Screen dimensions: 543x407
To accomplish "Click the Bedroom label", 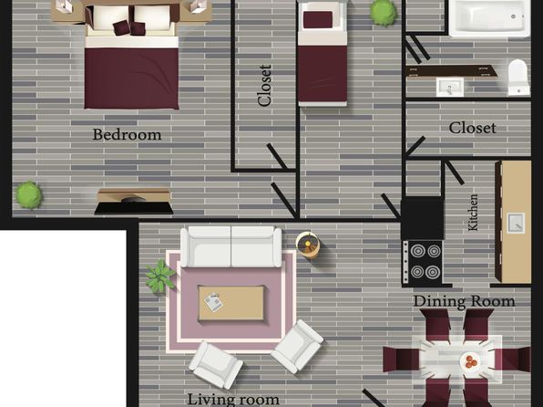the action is tap(127, 135).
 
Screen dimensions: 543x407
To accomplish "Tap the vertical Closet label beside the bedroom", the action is tap(264, 86).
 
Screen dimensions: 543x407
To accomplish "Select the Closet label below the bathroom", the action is tap(472, 128).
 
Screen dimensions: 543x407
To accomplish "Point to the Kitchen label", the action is tap(473, 213).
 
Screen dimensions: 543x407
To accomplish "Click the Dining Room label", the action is tap(464, 301).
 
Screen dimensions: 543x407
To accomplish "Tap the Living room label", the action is tap(233, 399).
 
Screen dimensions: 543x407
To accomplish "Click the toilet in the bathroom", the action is tap(518, 78).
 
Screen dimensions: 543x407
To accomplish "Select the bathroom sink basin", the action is tap(449, 87).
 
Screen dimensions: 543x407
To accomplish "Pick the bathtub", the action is tap(489, 18).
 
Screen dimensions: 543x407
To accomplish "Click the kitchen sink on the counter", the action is tap(516, 223).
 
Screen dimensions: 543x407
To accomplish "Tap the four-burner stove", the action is tap(423, 263).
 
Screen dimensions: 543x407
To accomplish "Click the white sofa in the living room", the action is tap(231, 246).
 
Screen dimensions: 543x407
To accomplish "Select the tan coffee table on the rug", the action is tap(231, 303).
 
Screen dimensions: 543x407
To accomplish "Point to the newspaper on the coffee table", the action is tap(213, 302).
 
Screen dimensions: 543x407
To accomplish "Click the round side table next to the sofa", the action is tap(308, 245).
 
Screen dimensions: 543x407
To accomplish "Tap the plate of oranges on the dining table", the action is tap(470, 361).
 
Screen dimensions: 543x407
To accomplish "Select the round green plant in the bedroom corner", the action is tap(29, 195).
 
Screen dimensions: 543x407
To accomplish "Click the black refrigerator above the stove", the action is tap(423, 219).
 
